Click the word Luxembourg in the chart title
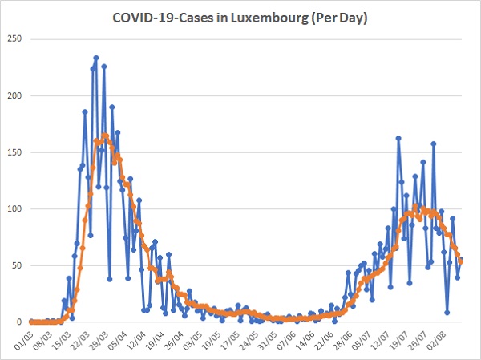(269, 18)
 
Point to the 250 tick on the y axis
(15, 38)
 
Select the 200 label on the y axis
(15, 95)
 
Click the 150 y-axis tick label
(15, 152)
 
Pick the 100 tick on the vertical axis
(15, 208)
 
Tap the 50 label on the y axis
(18, 265)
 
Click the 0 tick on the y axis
(19, 322)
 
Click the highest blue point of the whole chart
(96, 58)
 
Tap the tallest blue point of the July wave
(398, 138)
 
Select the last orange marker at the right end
(460, 261)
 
